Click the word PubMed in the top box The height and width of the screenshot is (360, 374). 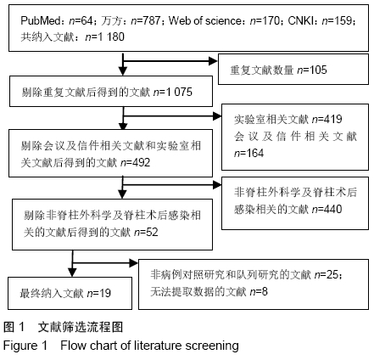coord(40,20)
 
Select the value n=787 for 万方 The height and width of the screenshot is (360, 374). coord(146,20)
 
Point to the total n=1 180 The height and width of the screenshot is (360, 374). coord(104,37)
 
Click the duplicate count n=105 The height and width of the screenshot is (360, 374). coord(312,70)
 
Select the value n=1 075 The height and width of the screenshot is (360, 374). coord(173,92)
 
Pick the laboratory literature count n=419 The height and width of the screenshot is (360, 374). coord(327,119)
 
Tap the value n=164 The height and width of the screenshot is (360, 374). coord(248,153)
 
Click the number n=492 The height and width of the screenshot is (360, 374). coord(135,162)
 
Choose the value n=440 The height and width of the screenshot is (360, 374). coord(327,209)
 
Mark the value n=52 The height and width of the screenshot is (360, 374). coord(146,232)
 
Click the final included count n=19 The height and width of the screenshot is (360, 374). coord(99,293)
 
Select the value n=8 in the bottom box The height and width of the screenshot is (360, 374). coord(259,291)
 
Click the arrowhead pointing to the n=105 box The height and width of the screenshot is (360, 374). coord(213,61)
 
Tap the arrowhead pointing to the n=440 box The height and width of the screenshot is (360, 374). coord(217,185)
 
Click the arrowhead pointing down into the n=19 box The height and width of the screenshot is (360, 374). coord(72,273)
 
